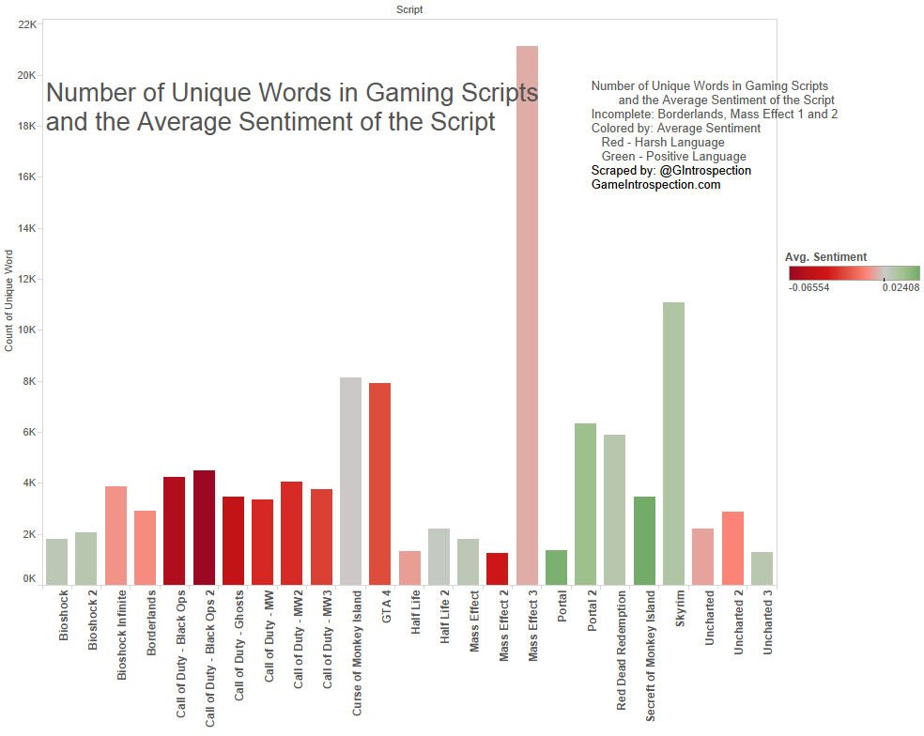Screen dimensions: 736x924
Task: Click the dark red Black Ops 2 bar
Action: [x=204, y=527]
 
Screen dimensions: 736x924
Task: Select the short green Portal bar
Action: [x=556, y=567]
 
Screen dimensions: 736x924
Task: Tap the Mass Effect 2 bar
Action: [x=497, y=569]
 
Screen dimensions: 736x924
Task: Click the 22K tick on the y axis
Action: [x=27, y=24]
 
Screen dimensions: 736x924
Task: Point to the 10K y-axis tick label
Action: [x=27, y=330]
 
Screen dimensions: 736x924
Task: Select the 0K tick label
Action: [x=29, y=580]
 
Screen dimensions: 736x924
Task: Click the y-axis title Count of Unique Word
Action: [x=9, y=300]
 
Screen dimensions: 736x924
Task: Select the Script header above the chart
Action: [x=409, y=9]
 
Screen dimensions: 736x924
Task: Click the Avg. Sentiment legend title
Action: [x=825, y=256]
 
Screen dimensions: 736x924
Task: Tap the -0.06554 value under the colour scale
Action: [x=808, y=288]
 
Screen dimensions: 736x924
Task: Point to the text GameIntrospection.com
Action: [x=655, y=185]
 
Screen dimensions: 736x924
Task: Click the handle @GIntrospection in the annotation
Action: [x=705, y=171]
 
